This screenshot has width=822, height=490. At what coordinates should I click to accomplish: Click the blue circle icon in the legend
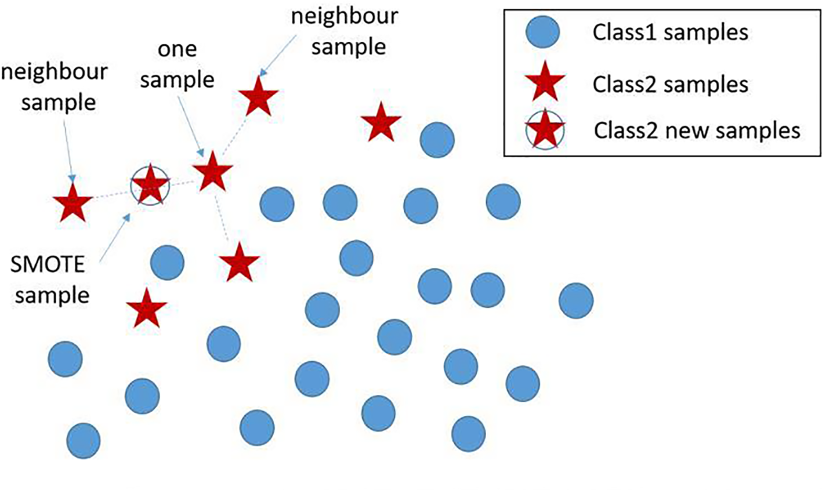[542, 32]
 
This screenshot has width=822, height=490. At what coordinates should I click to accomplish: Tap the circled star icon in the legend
[544, 130]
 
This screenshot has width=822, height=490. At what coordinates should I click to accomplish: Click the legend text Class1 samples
[670, 32]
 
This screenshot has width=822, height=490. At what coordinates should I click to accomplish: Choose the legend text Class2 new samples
[697, 130]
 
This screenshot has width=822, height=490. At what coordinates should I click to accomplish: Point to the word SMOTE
[48, 265]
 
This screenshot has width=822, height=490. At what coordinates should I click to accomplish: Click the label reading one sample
[177, 64]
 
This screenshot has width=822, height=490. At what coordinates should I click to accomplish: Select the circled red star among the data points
[150, 184]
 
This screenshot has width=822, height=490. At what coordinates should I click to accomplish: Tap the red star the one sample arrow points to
[212, 172]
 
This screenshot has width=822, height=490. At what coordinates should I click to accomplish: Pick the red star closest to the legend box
[381, 123]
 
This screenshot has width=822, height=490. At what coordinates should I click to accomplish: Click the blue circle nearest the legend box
[437, 140]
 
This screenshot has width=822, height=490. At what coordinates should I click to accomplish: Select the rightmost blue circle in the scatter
[576, 300]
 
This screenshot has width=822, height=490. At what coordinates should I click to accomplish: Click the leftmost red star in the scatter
[73, 202]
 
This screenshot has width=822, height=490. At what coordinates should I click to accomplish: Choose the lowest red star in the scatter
[146, 308]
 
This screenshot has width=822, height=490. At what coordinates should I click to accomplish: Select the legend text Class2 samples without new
[670, 85]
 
